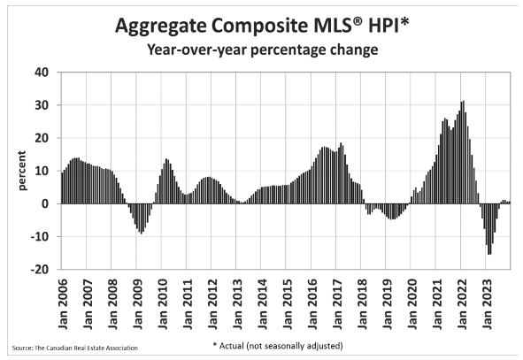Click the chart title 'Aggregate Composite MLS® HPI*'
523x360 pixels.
click(262, 26)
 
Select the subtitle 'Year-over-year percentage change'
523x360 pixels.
click(263, 50)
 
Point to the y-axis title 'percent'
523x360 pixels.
click(22, 171)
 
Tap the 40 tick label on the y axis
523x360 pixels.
click(42, 72)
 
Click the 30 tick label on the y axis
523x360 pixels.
click(42, 105)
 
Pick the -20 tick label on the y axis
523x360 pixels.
click(39, 269)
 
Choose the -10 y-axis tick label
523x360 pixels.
click(39, 236)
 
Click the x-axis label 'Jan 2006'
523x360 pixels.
click(62, 303)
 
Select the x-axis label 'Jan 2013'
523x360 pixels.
click(237, 303)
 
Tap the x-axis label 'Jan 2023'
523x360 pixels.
click(487, 303)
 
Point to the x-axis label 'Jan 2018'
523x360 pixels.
click(362, 303)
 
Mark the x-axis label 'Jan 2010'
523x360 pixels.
click(163, 303)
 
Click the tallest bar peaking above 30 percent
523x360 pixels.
click(464, 152)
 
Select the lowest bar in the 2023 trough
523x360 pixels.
click(488, 229)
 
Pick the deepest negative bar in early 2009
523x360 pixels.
click(142, 218)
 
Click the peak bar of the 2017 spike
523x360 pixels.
click(341, 173)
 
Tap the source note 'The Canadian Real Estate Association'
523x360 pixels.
click(86, 348)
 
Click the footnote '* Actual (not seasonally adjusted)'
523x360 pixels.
click(278, 346)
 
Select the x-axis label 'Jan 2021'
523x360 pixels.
click(437, 303)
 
